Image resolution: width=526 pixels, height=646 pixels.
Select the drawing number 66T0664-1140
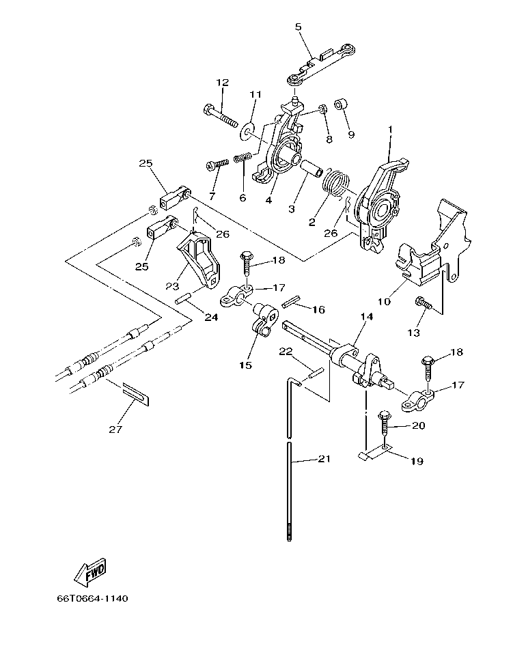92,599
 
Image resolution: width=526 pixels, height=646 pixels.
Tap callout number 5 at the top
298,27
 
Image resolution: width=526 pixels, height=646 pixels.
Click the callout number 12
223,83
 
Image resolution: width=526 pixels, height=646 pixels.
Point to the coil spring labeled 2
335,184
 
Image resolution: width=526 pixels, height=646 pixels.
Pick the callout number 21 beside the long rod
324,459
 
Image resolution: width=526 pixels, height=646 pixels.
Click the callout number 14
367,318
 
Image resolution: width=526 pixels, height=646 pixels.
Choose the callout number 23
171,286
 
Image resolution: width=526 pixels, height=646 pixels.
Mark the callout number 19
417,462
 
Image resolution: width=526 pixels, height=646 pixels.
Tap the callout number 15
246,365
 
